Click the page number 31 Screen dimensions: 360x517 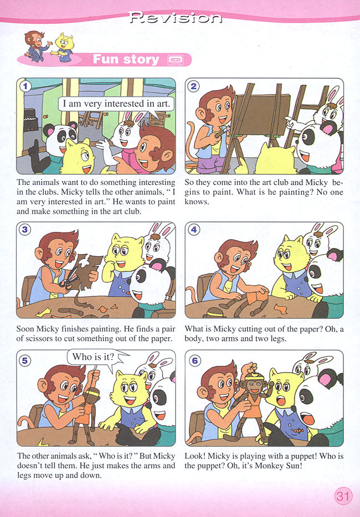(x=343, y=496)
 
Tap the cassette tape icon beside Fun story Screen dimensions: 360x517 (x=176, y=60)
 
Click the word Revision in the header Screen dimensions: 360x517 (x=175, y=18)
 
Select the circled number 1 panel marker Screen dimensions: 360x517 (x=25, y=86)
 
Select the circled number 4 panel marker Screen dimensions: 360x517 (x=193, y=230)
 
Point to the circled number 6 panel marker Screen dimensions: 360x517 (x=194, y=360)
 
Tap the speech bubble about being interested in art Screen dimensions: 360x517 (x=116, y=104)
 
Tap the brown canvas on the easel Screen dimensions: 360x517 (x=260, y=114)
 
